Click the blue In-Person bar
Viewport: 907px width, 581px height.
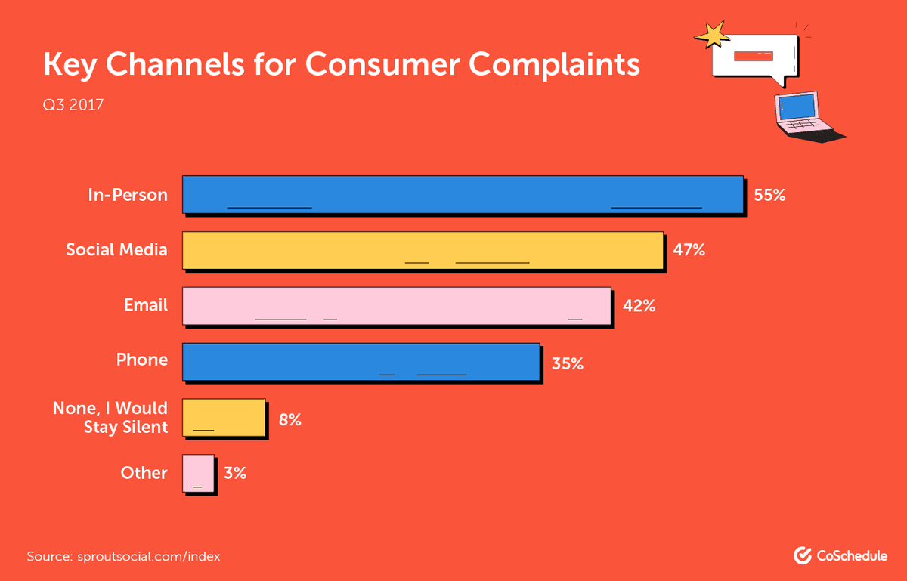coord(463,195)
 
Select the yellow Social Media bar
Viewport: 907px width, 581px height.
coord(423,250)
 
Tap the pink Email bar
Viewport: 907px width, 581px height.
coord(396,306)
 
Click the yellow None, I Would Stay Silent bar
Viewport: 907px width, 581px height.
coord(224,417)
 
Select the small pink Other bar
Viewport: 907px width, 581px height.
coord(198,474)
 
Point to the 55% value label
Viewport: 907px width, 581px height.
coord(769,195)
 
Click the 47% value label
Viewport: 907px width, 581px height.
coord(689,250)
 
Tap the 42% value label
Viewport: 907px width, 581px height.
coord(639,306)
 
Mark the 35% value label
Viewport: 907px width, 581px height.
coord(567,363)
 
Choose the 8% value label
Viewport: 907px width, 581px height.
coord(289,419)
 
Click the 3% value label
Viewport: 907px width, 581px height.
coord(234,474)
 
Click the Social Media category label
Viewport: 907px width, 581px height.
coord(116,249)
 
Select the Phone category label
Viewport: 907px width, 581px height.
coord(141,360)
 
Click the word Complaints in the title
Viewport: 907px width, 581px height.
coord(554,66)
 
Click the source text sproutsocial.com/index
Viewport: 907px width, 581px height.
coord(149,557)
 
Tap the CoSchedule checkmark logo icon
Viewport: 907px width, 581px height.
coord(802,556)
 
